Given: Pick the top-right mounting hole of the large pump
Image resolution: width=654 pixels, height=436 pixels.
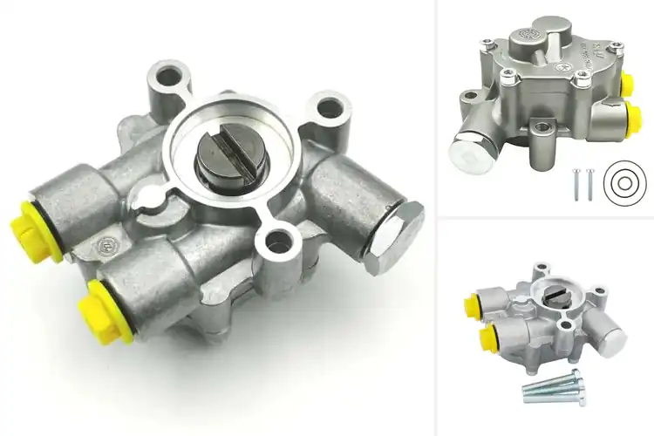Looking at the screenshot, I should pyautogui.click(x=329, y=109).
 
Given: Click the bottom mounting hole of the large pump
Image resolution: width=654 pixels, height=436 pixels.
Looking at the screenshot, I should pyautogui.click(x=278, y=242).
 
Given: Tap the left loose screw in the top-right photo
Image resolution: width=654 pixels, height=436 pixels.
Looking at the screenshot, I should pyautogui.click(x=576, y=184).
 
